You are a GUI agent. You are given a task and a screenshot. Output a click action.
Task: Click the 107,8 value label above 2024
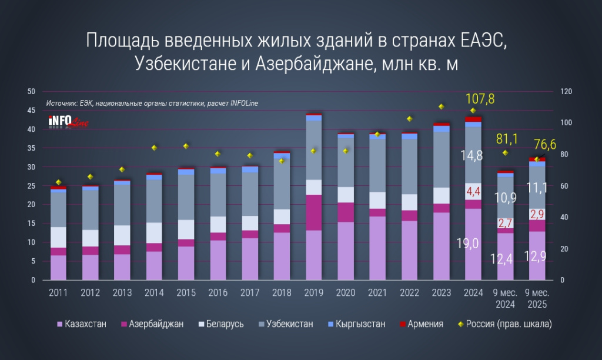coord(480,99)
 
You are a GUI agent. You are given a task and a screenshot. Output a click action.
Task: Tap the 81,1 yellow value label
coord(506,139)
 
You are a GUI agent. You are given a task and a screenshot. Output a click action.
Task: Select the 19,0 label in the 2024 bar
coord(473,243)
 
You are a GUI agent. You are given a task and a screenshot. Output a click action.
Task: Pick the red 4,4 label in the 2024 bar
coord(473,192)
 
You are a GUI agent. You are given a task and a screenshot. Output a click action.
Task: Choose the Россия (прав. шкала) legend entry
coord(503,324)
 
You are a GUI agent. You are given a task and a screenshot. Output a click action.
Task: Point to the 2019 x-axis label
coord(313,292)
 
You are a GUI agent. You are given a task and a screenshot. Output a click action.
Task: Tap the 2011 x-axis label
coord(58,292)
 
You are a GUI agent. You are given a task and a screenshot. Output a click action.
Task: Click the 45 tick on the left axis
coord(32,111)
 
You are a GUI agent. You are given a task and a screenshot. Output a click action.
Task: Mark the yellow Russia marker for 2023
coord(441,106)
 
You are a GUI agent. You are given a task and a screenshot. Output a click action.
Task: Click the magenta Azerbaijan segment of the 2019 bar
coord(313,212)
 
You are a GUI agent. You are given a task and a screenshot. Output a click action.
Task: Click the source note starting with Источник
coord(152,104)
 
